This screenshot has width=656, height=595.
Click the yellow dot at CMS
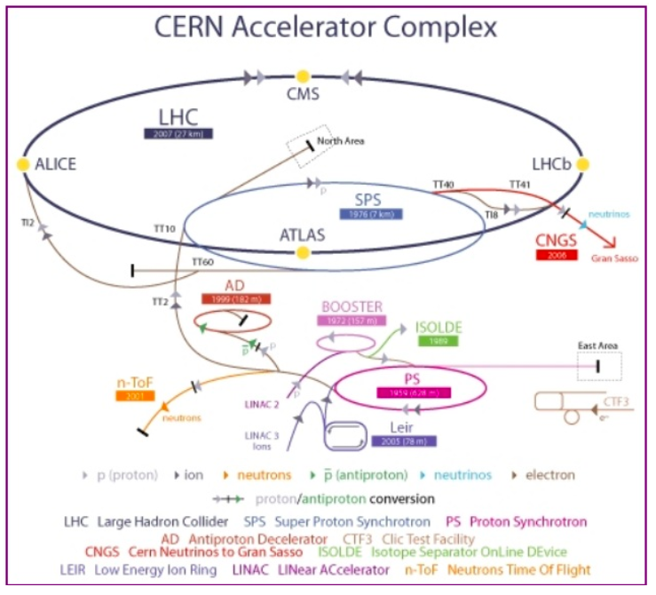click(303, 76)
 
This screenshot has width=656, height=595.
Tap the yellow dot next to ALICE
click(23, 164)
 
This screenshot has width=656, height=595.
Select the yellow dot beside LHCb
click(582, 164)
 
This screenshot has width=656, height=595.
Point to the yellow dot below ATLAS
click(303, 253)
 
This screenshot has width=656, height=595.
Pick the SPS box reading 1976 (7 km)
click(371, 214)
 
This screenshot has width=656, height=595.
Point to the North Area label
click(341, 140)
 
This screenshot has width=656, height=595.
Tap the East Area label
click(599, 345)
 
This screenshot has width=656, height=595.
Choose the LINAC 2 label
click(263, 405)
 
